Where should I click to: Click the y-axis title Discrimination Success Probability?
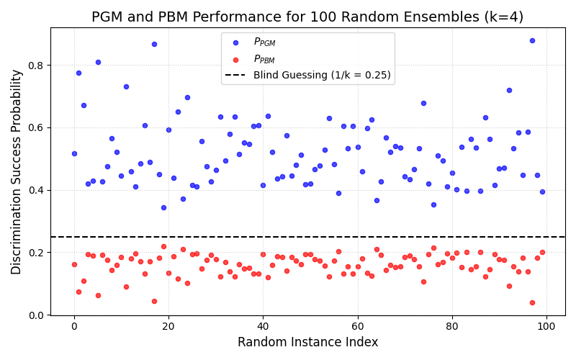[x=17, y=171]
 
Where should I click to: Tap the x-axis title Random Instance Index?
[x=307, y=342]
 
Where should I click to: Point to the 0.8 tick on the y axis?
[x=35, y=66]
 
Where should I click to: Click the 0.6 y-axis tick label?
[x=35, y=128]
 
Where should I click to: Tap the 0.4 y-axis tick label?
[x=35, y=190]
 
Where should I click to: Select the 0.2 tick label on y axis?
[x=35, y=253]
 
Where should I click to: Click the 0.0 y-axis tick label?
[x=35, y=315]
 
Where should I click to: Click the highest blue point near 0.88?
[x=532, y=40]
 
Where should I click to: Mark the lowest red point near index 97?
[x=532, y=302]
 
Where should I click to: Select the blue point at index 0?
[x=74, y=153]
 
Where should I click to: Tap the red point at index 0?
[x=74, y=264]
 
